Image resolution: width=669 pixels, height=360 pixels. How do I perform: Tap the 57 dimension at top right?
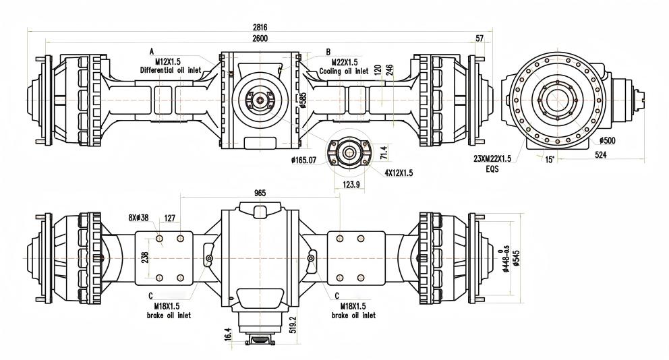[479, 39]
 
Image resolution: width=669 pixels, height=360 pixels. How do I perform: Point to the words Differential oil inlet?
[171, 69]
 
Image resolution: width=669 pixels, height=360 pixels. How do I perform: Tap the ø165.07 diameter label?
[304, 160]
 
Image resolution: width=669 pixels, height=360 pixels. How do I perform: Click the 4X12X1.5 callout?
[399, 173]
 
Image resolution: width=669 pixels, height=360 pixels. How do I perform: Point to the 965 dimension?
[260, 193]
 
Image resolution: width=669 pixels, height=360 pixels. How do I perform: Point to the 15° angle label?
[550, 159]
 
